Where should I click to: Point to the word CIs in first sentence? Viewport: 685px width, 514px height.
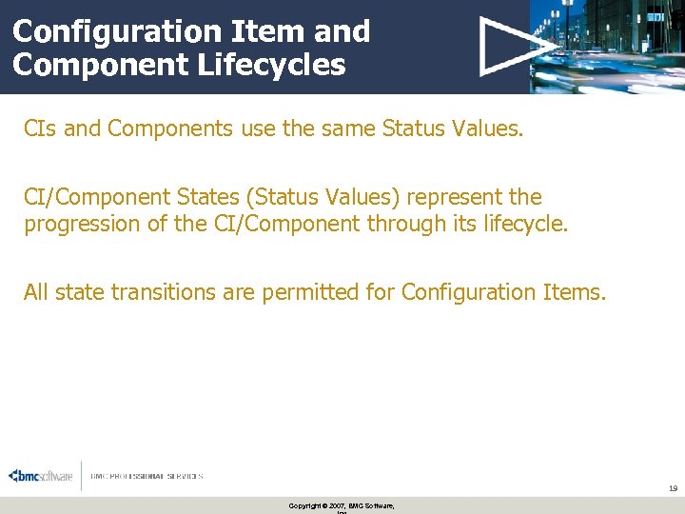click(x=41, y=129)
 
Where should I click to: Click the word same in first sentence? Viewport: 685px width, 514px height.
click(x=346, y=129)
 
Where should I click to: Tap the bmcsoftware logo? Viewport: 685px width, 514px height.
click(x=40, y=476)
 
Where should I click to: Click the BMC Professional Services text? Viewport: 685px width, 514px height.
click(x=147, y=476)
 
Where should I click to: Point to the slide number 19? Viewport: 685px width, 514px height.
click(x=672, y=488)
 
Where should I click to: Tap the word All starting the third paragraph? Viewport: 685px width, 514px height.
click(x=36, y=292)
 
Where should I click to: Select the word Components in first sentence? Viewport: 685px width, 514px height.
click(x=166, y=129)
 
